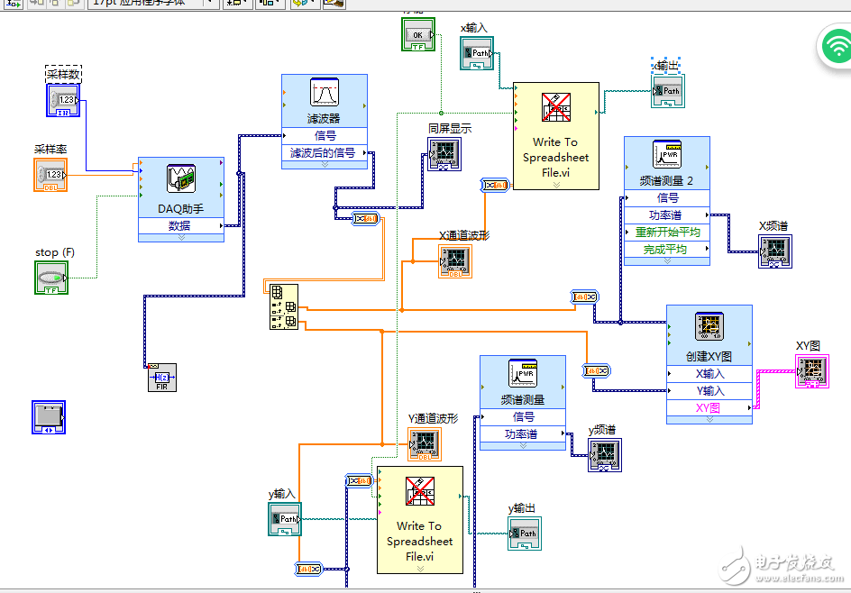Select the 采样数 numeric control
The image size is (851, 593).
click(x=64, y=101)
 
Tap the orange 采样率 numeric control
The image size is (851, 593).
click(x=51, y=175)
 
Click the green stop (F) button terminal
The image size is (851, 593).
click(x=51, y=278)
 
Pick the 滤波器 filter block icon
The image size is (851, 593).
click(x=324, y=94)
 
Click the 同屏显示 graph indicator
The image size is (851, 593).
click(x=444, y=154)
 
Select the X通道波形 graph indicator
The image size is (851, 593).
click(x=455, y=260)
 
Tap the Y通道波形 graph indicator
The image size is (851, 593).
click(x=425, y=442)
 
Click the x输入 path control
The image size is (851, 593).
click(x=475, y=54)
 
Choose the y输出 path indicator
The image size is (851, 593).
click(x=525, y=534)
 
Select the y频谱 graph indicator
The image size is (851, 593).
click(x=605, y=455)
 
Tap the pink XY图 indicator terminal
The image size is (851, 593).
click(x=811, y=370)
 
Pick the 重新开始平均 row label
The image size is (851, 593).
click(x=667, y=232)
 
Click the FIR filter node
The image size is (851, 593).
click(x=161, y=378)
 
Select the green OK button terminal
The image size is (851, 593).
click(x=418, y=35)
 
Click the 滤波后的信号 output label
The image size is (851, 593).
click(x=323, y=153)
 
